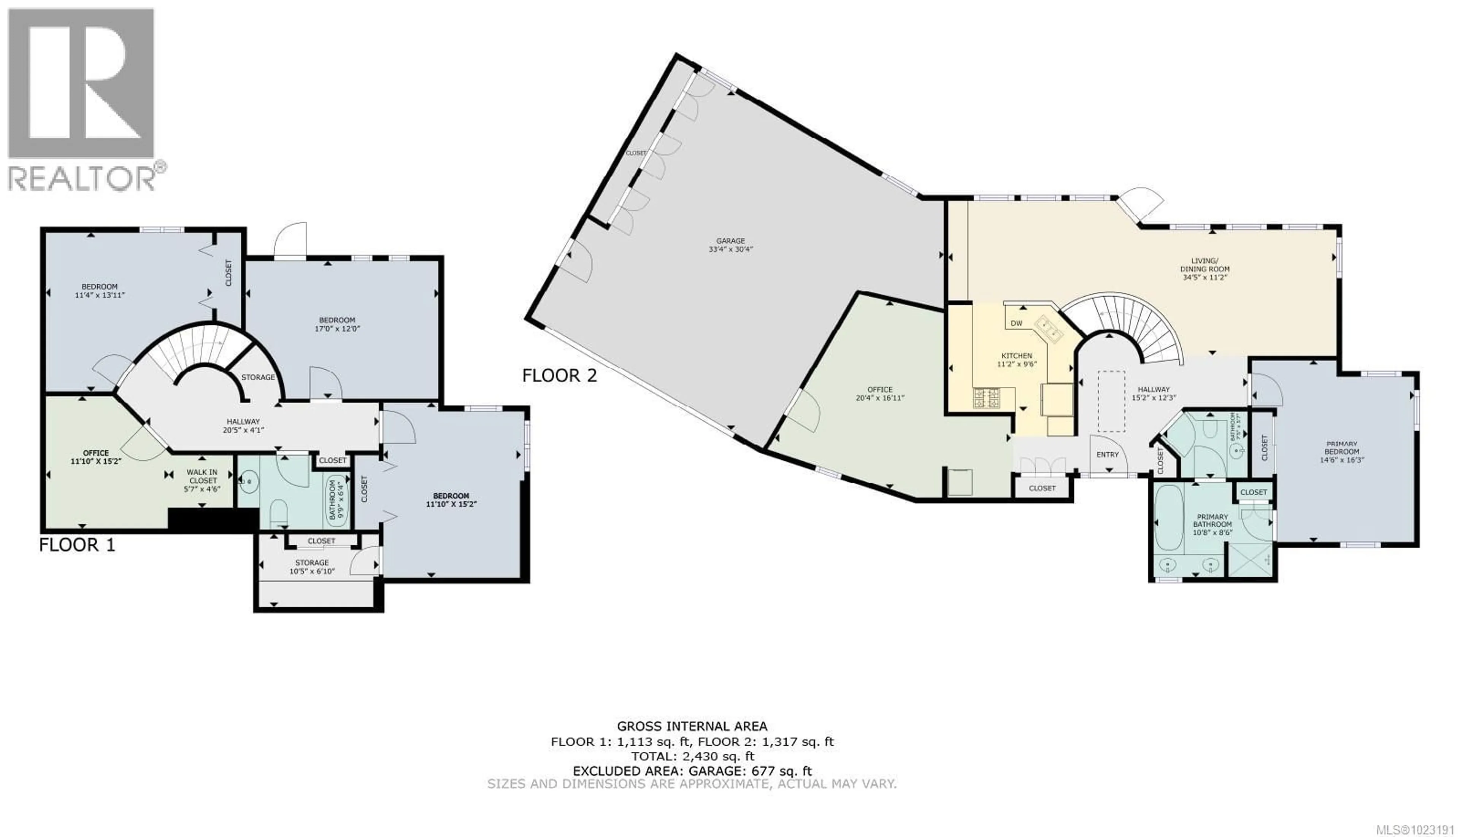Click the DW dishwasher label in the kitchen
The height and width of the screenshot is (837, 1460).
pyautogui.click(x=1016, y=323)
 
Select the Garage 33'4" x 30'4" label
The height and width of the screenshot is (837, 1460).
pyautogui.click(x=730, y=245)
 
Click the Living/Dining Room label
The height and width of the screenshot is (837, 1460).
pyautogui.click(x=1205, y=269)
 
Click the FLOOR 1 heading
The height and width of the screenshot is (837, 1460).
pyautogui.click(x=77, y=545)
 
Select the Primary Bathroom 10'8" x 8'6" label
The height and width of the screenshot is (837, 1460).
pyautogui.click(x=1212, y=524)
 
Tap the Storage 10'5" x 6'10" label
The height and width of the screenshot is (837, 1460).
pyautogui.click(x=312, y=567)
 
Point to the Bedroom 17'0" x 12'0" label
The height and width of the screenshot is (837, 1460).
pyautogui.click(x=337, y=324)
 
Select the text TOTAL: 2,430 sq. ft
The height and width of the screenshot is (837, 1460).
pyautogui.click(x=692, y=756)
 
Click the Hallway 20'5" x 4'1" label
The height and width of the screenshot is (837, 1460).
pyautogui.click(x=243, y=426)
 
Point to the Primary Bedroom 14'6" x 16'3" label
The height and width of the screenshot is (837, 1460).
pyautogui.click(x=1342, y=451)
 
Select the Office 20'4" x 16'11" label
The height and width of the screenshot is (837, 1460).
pyautogui.click(x=880, y=394)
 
